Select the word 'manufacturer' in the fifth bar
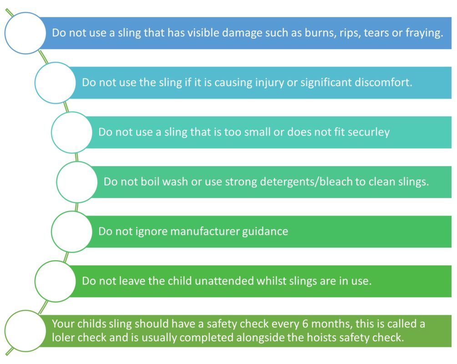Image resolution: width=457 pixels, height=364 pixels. pyautogui.click(x=204, y=232)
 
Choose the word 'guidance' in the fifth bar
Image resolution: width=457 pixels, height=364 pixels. pyautogui.click(x=265, y=232)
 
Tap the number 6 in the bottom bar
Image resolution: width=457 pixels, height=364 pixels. pyautogui.click(x=305, y=324)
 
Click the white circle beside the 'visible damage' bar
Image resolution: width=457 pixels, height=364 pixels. pyautogui.click(x=25, y=33)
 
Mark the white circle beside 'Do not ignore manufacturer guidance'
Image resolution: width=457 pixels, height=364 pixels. pyautogui.click(x=72, y=232)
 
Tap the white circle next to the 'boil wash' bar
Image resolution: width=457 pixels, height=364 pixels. pyautogui.click(x=77, y=182)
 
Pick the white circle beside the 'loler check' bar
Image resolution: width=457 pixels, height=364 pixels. pyautogui.click(x=25, y=331)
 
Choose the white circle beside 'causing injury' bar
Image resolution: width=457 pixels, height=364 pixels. pyautogui.click(x=56, y=83)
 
